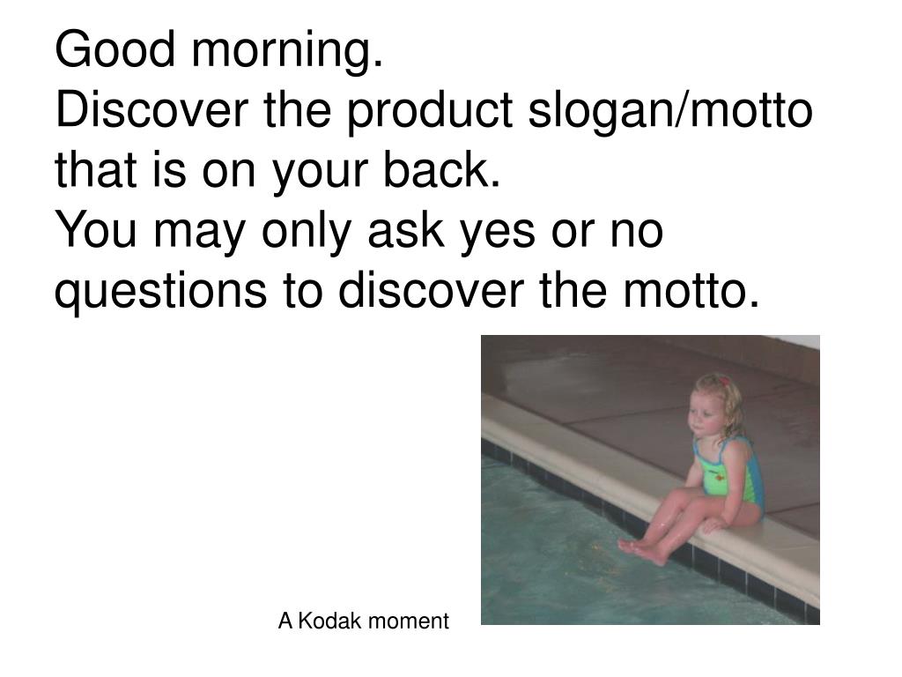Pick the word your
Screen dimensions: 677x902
(x=323, y=173)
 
